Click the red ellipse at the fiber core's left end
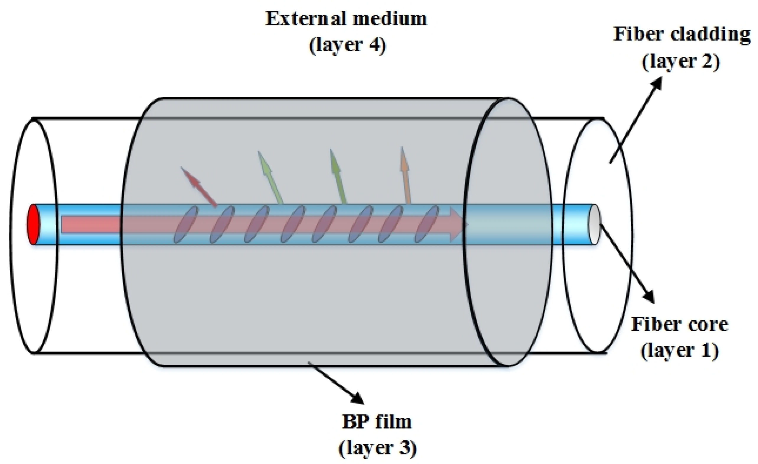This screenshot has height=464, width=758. coord(34,224)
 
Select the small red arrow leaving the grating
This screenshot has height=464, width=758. coord(199,186)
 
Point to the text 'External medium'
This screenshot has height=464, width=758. coord(346,19)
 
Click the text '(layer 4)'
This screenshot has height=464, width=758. coord(348,45)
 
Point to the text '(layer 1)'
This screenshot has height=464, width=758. coord(680,350)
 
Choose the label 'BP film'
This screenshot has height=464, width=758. coord(377,422)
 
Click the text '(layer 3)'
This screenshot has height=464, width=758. coord(378,448)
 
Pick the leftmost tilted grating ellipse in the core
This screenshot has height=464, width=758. coord(186,224)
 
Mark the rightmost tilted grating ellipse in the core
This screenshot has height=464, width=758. coord(427,224)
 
